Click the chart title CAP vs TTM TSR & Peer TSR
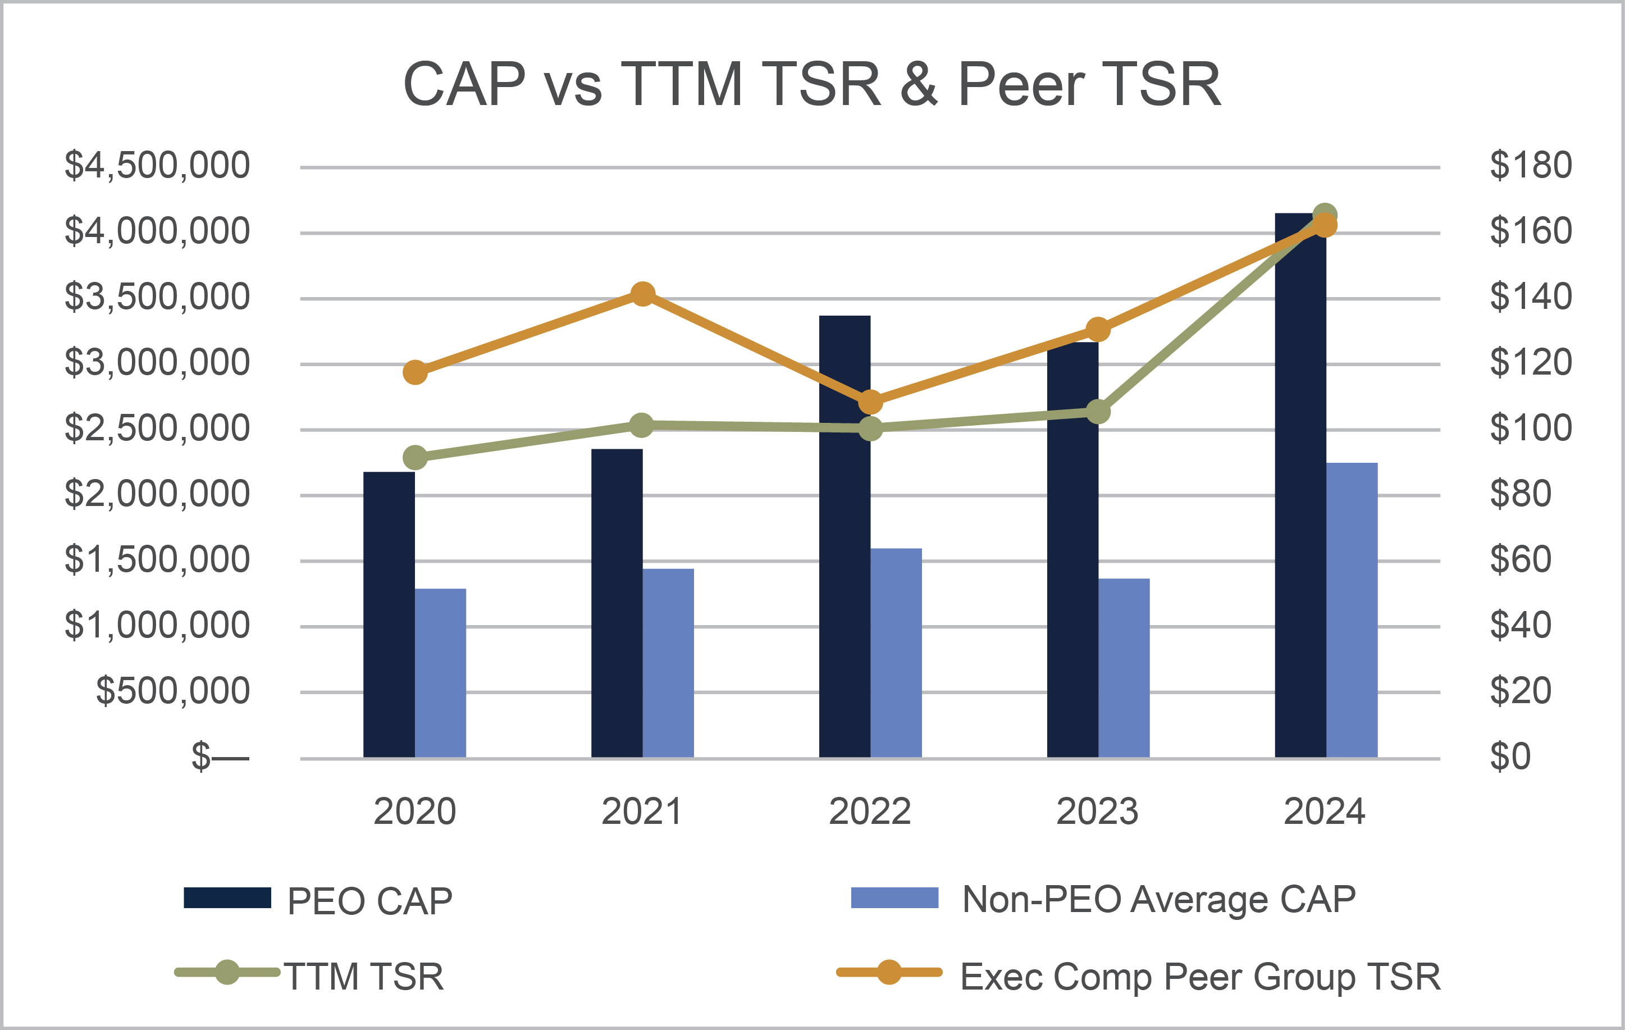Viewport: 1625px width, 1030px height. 812,84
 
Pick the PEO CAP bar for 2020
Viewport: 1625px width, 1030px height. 389,614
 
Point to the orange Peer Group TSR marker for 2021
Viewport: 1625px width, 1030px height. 642,294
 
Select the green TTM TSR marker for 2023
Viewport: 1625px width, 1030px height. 1098,411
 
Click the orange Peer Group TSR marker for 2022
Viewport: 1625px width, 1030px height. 870,402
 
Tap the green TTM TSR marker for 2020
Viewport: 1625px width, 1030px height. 415,458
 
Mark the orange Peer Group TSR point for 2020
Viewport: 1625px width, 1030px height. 415,372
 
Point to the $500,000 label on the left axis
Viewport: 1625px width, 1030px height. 173,691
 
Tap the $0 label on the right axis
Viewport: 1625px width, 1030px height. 1510,756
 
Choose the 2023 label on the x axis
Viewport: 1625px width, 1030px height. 1097,812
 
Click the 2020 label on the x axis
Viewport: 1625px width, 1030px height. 414,812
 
